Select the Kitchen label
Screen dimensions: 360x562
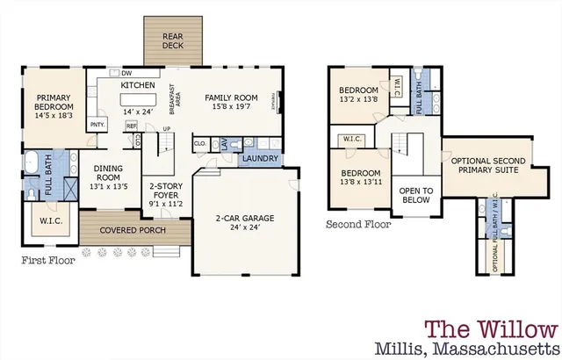tap(138, 85)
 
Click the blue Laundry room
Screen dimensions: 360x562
tap(259, 159)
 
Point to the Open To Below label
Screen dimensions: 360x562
tap(416, 194)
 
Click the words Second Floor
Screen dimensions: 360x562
tap(358, 225)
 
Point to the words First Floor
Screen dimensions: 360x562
tap(47, 260)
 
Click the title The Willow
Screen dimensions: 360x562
tap(491, 328)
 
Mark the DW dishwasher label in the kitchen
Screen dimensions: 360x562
tap(126, 73)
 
